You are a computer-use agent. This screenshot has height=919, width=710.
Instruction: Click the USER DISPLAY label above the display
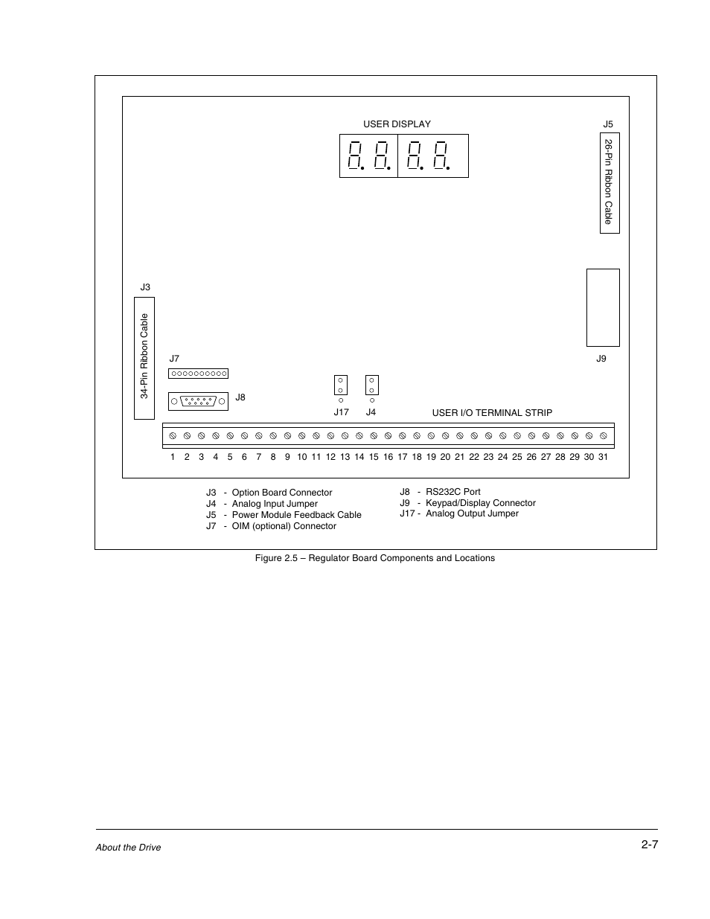tap(397, 124)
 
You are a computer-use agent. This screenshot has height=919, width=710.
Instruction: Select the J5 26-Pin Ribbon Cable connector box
tap(610, 183)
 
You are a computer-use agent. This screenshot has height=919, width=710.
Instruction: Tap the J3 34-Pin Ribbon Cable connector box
tap(144, 358)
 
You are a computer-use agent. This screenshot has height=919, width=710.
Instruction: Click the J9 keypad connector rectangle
tap(603, 307)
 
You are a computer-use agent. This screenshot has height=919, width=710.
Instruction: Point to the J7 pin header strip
tap(198, 374)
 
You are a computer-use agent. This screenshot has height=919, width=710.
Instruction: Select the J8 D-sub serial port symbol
tap(198, 401)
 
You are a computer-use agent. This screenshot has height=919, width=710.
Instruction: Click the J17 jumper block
tap(341, 385)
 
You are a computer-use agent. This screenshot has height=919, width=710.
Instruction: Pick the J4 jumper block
tap(372, 385)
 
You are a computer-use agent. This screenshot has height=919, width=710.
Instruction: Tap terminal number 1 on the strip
tap(173, 457)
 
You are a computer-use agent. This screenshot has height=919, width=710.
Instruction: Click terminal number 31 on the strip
tap(603, 457)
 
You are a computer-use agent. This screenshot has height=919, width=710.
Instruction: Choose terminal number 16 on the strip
tap(388, 457)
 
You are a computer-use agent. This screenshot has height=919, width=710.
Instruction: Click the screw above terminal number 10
tap(302, 435)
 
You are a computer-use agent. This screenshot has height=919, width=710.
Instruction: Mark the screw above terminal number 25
tap(517, 435)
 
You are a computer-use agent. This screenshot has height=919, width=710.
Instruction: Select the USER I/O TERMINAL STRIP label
tap(492, 413)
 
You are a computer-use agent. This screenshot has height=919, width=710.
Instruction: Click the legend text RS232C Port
tap(452, 492)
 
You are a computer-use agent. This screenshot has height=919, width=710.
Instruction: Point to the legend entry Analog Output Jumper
tap(472, 513)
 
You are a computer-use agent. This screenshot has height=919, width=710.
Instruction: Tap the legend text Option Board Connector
tap(282, 493)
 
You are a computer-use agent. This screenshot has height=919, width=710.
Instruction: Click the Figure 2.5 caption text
tap(374, 558)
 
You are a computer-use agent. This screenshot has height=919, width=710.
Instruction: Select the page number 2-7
tap(649, 845)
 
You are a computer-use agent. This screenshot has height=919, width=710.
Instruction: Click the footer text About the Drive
tap(128, 848)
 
